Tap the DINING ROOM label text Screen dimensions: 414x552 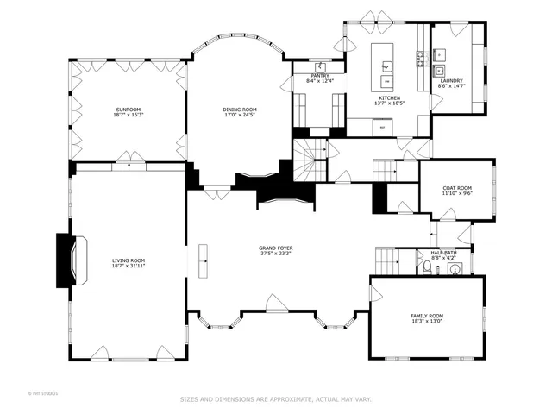coord(240,110)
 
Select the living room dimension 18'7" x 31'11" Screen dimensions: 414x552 coord(129,266)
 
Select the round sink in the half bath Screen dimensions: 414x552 coord(455,268)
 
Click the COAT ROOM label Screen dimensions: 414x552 coord(456,188)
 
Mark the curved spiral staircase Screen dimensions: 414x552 coord(306,161)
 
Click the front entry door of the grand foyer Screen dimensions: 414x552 coord(276,304)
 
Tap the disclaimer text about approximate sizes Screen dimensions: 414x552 coord(275,399)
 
